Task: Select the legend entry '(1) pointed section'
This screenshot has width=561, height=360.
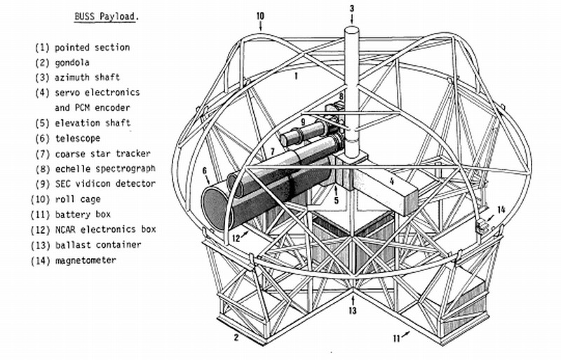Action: tap(82, 47)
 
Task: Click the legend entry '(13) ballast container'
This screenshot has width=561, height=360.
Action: tap(90, 245)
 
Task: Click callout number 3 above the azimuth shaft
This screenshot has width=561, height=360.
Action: tap(353, 8)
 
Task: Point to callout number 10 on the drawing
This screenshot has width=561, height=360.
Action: tap(260, 15)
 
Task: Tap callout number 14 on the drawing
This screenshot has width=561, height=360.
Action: tap(501, 209)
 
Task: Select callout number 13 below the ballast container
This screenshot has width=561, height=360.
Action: tap(353, 311)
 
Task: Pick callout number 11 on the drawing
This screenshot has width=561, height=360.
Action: tap(397, 338)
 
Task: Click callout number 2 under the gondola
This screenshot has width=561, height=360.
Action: tap(237, 338)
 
